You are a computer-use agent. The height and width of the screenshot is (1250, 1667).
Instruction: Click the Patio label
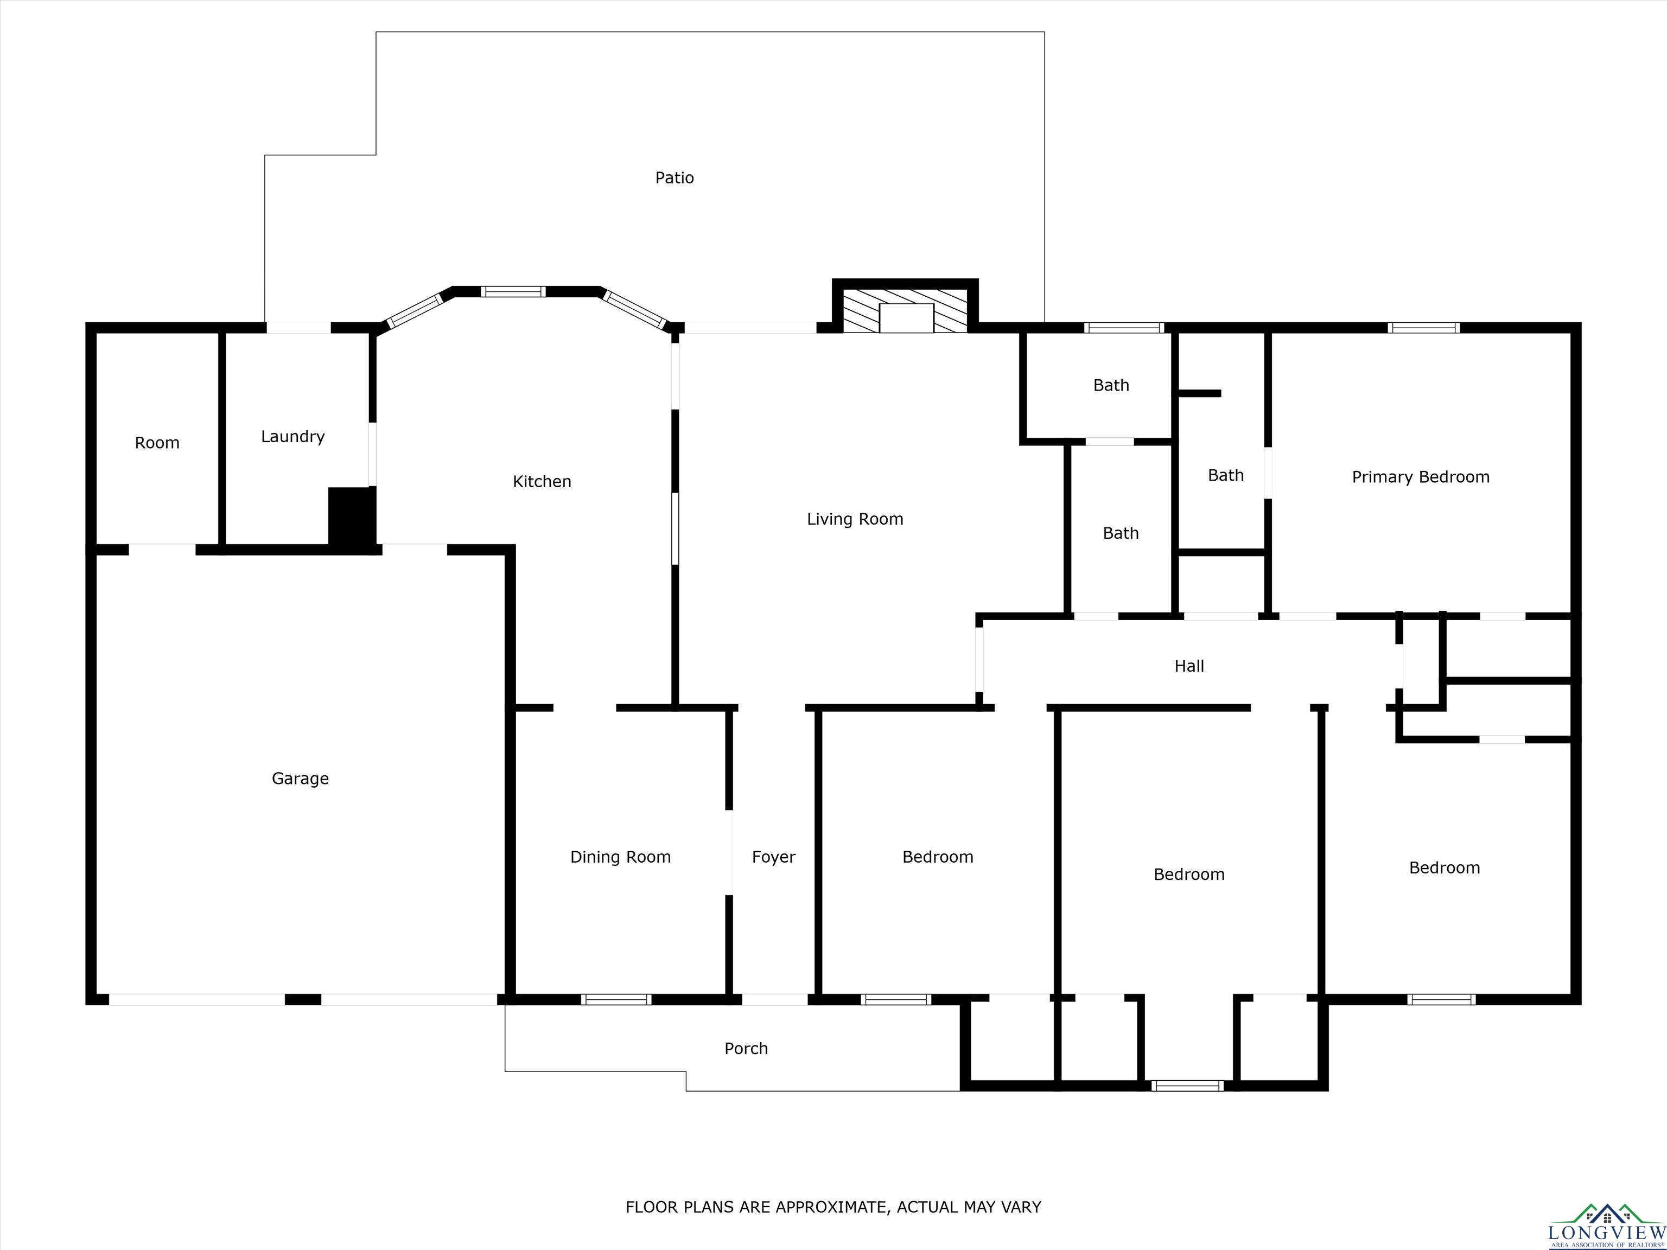click(x=675, y=178)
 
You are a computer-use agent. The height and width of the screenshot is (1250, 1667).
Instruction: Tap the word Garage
click(x=300, y=779)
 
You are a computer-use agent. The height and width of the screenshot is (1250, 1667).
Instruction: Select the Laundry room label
click(x=292, y=437)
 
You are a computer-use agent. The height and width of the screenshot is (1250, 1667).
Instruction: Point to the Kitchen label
click(x=542, y=481)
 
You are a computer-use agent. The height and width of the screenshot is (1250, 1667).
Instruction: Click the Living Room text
click(x=855, y=519)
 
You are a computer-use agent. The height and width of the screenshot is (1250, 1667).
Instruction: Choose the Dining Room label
click(x=620, y=857)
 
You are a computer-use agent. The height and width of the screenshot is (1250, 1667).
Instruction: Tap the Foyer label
click(x=773, y=857)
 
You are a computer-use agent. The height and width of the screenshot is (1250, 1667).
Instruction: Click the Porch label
click(x=746, y=1049)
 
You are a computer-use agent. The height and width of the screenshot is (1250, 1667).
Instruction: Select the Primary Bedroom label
click(x=1421, y=477)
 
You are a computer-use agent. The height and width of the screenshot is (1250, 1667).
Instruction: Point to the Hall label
click(x=1189, y=666)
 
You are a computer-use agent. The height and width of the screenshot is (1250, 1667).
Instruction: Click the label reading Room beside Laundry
click(x=157, y=443)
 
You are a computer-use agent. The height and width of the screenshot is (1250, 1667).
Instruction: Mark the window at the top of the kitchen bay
click(x=513, y=291)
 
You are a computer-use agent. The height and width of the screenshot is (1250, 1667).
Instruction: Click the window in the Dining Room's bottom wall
click(x=616, y=1000)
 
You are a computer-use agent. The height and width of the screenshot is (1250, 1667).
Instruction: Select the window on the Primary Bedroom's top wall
click(x=1423, y=328)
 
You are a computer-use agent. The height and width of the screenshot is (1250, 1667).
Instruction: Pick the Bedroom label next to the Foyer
click(x=938, y=857)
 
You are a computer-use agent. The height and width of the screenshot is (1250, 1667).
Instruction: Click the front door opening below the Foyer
click(x=775, y=1000)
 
